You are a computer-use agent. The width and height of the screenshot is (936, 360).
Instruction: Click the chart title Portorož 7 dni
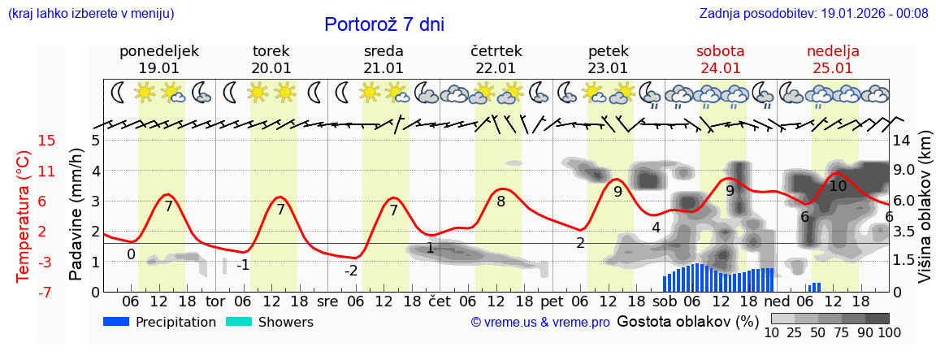click(384, 24)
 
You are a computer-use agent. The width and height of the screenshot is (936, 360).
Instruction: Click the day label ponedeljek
click(159, 51)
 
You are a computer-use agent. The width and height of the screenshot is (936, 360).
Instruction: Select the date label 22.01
click(496, 68)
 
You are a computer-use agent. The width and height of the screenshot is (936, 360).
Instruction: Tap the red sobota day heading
click(720, 51)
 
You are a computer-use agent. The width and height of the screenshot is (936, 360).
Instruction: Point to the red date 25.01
click(833, 68)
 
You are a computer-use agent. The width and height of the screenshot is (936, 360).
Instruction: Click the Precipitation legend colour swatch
click(116, 322)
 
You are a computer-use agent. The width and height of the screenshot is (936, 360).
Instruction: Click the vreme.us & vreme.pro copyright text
click(540, 323)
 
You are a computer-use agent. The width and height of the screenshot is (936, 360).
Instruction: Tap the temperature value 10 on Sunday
click(838, 186)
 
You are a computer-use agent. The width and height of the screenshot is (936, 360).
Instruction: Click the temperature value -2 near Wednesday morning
click(351, 271)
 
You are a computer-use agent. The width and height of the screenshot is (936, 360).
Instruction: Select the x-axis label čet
click(440, 301)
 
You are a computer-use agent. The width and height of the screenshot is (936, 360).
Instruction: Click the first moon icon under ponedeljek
click(119, 93)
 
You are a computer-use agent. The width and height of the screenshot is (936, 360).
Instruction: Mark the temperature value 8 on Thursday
click(500, 202)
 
